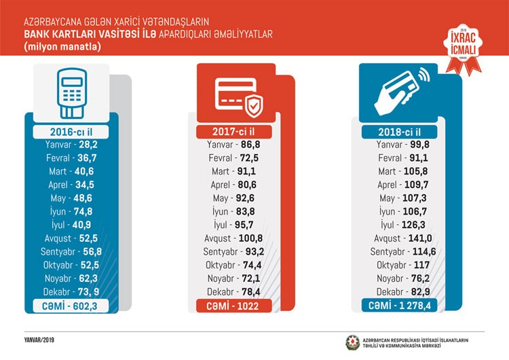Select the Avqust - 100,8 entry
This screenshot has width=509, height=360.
(x=234, y=238)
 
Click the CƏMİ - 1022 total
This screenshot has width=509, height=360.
(x=234, y=306)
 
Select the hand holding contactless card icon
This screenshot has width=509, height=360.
(x=400, y=93)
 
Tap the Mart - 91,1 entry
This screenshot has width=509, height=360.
(x=234, y=171)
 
